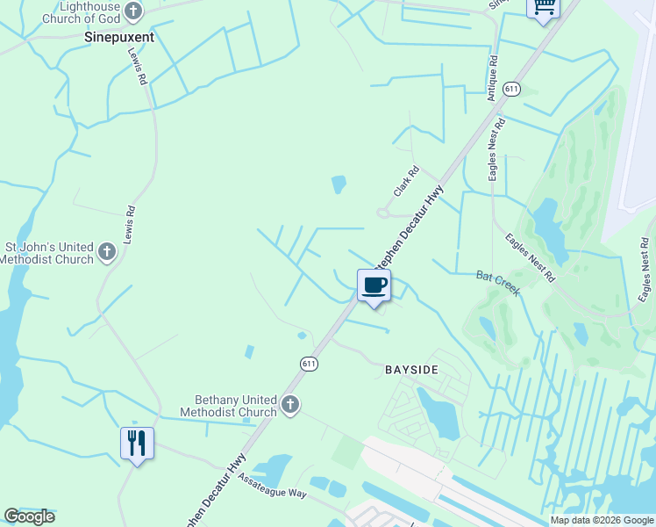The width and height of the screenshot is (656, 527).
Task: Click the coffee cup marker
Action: pos(374,285)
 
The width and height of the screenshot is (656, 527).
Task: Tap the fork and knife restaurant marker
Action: pos(137,443)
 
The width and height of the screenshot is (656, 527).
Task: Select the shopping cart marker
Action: pos(543,7)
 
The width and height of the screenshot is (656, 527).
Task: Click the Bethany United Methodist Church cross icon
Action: pos(290,406)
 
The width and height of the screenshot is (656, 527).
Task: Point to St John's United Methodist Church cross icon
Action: pos(106,253)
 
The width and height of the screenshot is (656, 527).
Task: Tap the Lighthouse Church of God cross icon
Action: pos(132,11)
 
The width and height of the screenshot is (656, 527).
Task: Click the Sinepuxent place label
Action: pos(119,37)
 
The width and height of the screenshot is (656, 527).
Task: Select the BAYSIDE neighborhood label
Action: pos(411,370)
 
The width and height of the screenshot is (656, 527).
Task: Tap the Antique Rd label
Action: pos(493,78)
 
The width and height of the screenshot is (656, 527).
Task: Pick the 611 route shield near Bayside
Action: pos(309,363)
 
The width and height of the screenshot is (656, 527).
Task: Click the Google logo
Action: pos(30,516)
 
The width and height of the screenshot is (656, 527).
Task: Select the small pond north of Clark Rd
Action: pos(339,184)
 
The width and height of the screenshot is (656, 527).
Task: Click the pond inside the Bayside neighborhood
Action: pos(438,414)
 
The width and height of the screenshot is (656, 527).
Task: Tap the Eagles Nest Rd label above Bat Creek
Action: pos(531,256)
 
